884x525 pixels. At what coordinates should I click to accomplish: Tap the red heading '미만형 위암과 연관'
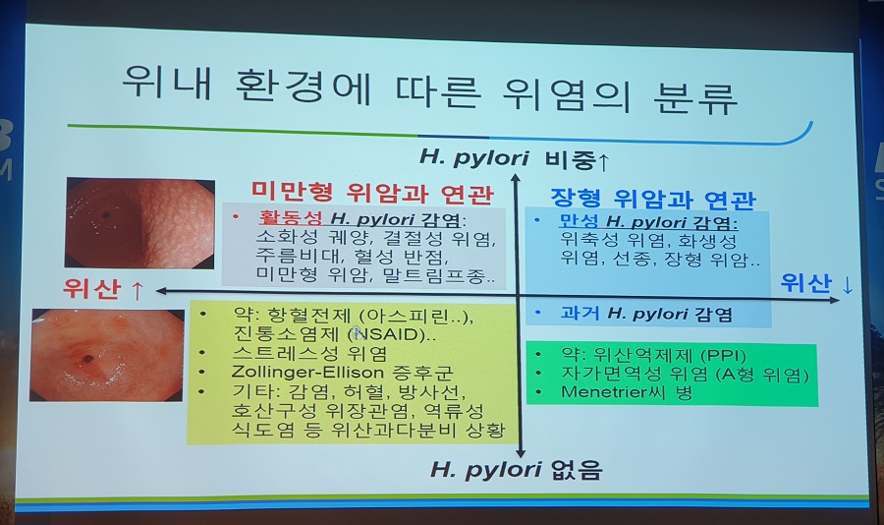[372, 194]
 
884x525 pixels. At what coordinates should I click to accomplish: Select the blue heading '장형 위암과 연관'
[653, 199]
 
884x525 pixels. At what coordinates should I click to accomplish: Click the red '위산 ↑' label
[103, 288]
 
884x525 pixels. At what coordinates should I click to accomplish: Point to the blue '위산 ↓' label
[817, 283]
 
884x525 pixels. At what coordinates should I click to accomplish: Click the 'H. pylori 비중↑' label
[514, 158]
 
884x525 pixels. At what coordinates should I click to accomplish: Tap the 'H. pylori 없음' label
[517, 469]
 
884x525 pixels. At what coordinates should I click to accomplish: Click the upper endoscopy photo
[139, 222]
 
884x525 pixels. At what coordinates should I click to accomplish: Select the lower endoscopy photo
[107, 355]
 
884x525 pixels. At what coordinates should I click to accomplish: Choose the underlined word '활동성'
[291, 218]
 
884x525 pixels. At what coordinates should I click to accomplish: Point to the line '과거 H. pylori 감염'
[646, 314]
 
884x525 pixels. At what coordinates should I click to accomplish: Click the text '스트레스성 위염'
[309, 353]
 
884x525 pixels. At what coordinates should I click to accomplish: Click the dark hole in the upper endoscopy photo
[105, 215]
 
